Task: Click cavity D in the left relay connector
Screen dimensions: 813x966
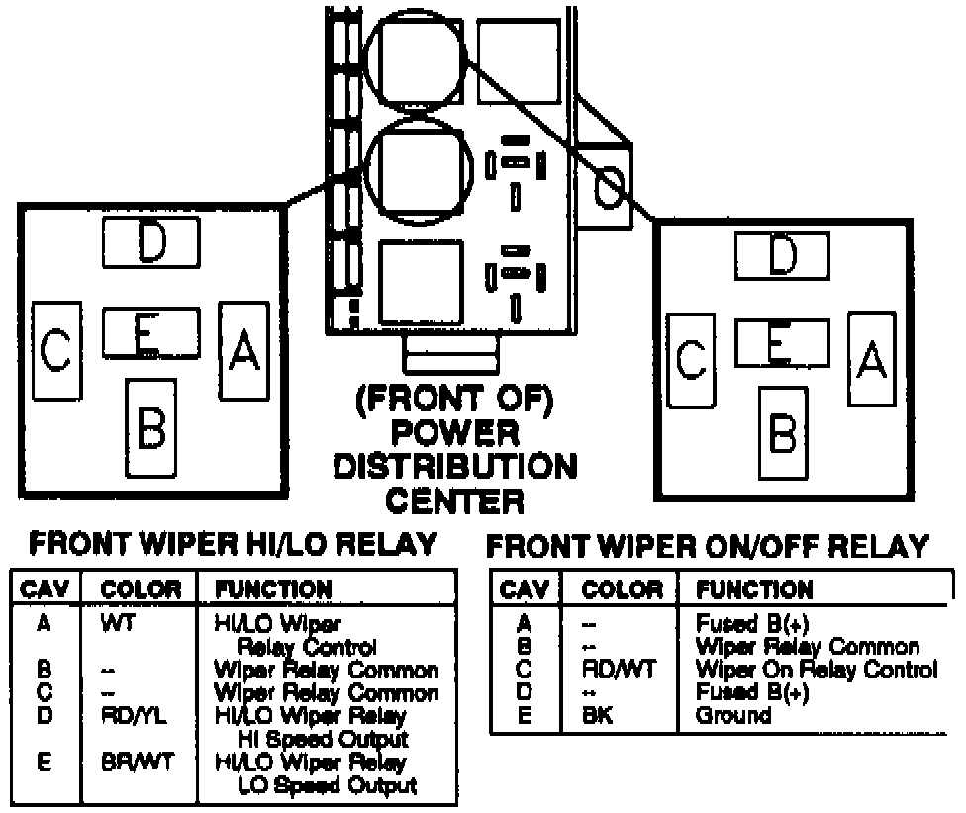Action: point(151,240)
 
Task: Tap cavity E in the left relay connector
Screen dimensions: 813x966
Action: point(150,332)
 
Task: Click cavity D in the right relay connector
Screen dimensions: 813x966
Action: point(782,256)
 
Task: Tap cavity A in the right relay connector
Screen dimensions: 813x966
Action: point(871,358)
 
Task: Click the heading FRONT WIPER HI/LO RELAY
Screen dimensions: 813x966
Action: point(234,543)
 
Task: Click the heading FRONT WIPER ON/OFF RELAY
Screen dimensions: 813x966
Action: point(710,546)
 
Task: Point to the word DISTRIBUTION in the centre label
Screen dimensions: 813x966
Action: point(455,466)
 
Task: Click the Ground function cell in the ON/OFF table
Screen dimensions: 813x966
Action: point(733,715)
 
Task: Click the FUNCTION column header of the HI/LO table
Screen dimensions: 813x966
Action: point(273,589)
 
